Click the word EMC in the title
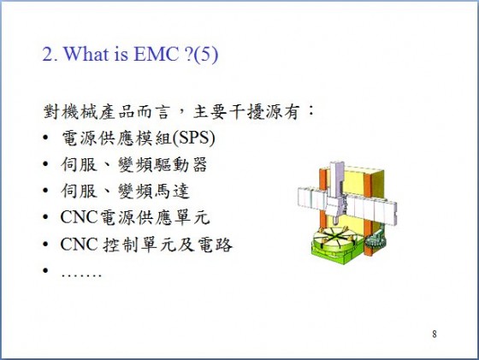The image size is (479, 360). pyautogui.click(x=156, y=55)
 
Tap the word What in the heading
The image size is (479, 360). pyautogui.click(x=86, y=55)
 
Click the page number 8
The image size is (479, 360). pyautogui.click(x=435, y=334)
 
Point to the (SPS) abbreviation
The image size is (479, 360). pyautogui.click(x=193, y=139)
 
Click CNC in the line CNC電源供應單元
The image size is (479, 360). pyautogui.click(x=79, y=217)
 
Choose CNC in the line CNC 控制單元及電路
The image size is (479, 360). pyautogui.click(x=79, y=245)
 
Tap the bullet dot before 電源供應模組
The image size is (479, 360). pyautogui.click(x=45, y=138)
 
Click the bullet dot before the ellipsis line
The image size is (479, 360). pyautogui.click(x=45, y=270)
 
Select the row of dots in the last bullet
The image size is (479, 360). pyautogui.click(x=81, y=275)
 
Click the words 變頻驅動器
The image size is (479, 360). pyautogui.click(x=163, y=165)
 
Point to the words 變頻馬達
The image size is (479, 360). pyautogui.click(x=154, y=192)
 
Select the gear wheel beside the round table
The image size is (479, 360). pyautogui.click(x=376, y=242)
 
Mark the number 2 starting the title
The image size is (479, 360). pyautogui.click(x=48, y=55)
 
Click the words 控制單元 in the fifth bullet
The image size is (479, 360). pyautogui.click(x=139, y=245)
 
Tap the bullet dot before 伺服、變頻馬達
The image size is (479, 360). pyautogui.click(x=45, y=191)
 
